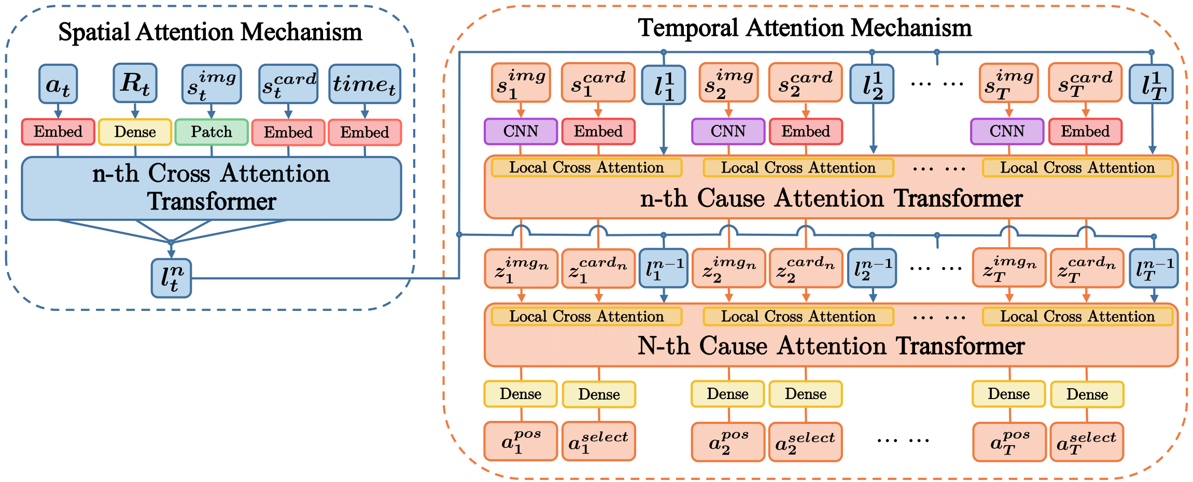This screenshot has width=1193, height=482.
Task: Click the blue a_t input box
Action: tap(58, 83)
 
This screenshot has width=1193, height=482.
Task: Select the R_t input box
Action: tap(135, 83)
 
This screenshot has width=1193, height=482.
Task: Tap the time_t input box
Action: tap(364, 83)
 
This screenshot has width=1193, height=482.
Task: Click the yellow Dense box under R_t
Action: tap(135, 132)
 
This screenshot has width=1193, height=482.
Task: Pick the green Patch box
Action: tap(211, 132)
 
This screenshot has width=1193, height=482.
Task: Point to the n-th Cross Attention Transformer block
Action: tap(211, 188)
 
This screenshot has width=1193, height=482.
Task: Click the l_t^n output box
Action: tap(171, 278)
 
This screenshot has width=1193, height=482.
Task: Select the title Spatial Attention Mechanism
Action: tap(210, 32)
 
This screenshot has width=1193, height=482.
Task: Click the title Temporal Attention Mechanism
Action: tap(804, 28)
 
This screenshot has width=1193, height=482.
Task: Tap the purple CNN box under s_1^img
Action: tap(521, 131)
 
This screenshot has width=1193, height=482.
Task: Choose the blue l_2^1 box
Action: tap(872, 83)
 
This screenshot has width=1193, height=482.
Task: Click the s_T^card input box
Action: tap(1085, 82)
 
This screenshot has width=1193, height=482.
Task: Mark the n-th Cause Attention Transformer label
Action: tap(831, 199)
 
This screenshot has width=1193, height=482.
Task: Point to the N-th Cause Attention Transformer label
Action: tap(831, 346)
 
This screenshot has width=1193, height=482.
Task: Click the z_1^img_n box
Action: tap(521, 268)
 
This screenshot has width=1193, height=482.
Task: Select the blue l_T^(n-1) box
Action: tap(1154, 268)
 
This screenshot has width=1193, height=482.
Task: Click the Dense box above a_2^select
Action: tap(805, 394)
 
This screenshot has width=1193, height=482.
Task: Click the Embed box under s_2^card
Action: tap(806, 132)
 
